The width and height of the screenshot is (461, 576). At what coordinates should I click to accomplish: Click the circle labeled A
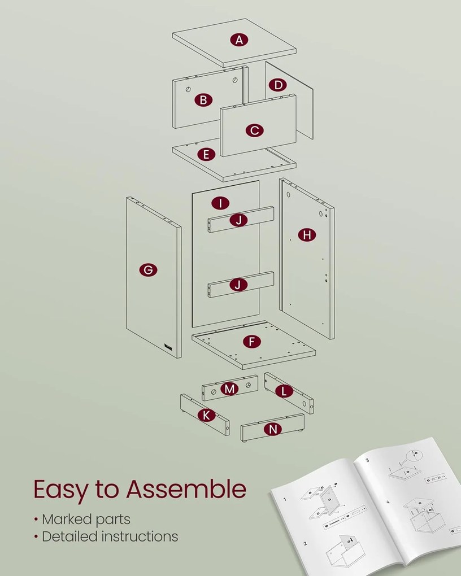click(240, 40)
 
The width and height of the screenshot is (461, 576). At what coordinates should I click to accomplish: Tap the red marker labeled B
click(203, 101)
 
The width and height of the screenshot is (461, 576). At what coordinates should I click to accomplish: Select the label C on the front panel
click(254, 130)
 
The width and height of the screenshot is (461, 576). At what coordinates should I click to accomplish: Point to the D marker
click(277, 85)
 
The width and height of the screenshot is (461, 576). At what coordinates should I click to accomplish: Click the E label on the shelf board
click(206, 154)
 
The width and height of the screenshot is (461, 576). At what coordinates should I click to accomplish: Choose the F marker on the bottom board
click(251, 342)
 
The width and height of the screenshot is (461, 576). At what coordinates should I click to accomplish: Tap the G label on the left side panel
click(148, 270)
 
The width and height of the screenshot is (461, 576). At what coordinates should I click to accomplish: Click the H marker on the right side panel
click(307, 235)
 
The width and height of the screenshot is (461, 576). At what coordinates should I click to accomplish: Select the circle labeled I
click(220, 203)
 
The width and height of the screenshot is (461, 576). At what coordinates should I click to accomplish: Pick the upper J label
click(239, 220)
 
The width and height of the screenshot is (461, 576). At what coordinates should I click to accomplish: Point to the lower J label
click(238, 285)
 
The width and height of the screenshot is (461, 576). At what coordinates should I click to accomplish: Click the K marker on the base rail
click(206, 415)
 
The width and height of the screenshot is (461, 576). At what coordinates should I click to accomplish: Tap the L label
click(284, 390)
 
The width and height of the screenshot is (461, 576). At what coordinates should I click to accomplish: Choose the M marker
click(229, 389)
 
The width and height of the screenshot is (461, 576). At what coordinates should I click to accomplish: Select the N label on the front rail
click(273, 429)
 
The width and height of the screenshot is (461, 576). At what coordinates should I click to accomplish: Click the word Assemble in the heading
click(186, 489)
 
